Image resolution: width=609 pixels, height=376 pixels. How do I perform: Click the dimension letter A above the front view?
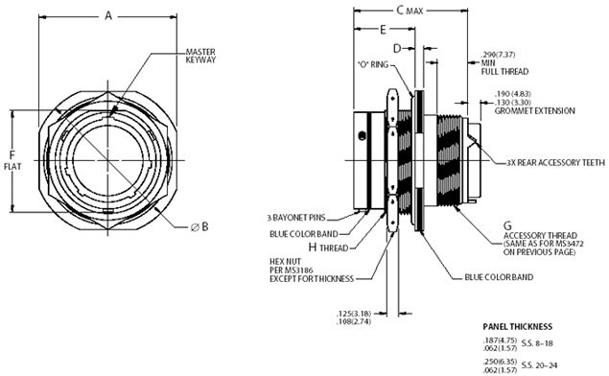(107, 15)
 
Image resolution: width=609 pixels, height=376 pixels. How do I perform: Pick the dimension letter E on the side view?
(384, 30)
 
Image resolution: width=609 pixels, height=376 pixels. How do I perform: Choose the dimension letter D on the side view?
(397, 48)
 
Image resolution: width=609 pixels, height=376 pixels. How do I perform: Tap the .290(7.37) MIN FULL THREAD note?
(500, 60)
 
